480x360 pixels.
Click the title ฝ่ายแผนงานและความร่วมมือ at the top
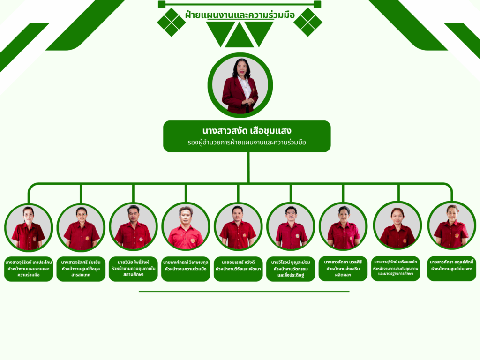pyautogui.click(x=240, y=15)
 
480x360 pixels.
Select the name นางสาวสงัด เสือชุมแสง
pyautogui.click(x=247, y=130)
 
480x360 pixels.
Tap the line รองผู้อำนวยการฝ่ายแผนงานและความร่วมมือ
pyautogui.click(x=247, y=142)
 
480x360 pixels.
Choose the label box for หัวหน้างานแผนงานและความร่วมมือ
pyautogui.click(x=28, y=268)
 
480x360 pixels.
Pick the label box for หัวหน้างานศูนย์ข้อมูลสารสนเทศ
pyautogui.click(x=81, y=268)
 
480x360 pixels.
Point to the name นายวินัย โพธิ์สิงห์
pyautogui.click(x=133, y=262)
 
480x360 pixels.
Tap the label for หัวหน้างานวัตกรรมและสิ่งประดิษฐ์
pyautogui.click(x=291, y=268)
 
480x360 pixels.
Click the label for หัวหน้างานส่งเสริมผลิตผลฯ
pyautogui.click(x=343, y=268)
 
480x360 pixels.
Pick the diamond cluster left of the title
pyautogui.click(x=171, y=22)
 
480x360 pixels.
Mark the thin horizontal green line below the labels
pyautogui.click(x=244, y=292)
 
